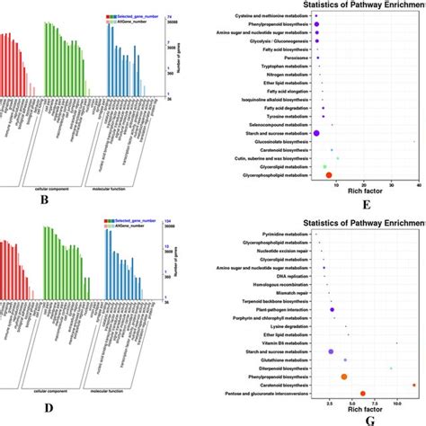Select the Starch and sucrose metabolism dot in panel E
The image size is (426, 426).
[x=317, y=132]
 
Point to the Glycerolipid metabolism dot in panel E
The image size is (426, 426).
[x=324, y=166]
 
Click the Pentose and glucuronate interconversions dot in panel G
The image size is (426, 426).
[x=362, y=393]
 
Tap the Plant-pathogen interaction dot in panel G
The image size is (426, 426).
[x=333, y=310]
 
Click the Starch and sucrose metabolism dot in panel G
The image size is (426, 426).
[x=331, y=351]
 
